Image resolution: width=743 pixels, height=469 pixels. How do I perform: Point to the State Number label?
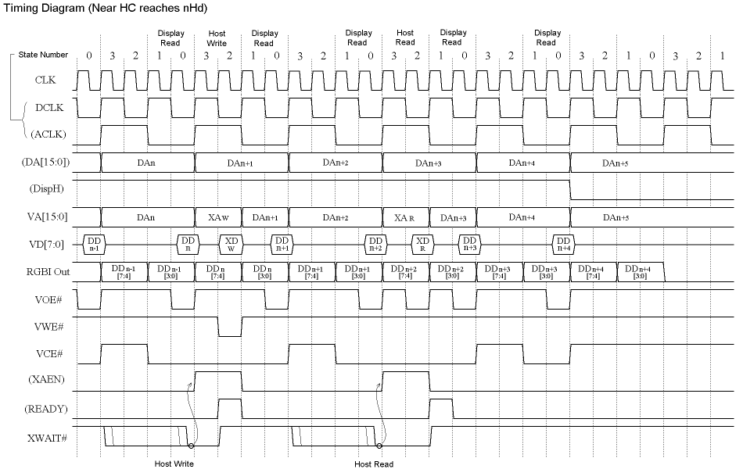pyautogui.click(x=43, y=55)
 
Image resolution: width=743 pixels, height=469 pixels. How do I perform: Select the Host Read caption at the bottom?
pyautogui.click(x=374, y=464)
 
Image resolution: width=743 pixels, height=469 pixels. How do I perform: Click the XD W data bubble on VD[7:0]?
pyautogui.click(x=231, y=245)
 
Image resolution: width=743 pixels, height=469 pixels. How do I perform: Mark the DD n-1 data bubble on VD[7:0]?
pyautogui.click(x=94, y=245)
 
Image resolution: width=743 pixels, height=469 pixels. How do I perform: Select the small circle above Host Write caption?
pyautogui.click(x=191, y=447)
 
